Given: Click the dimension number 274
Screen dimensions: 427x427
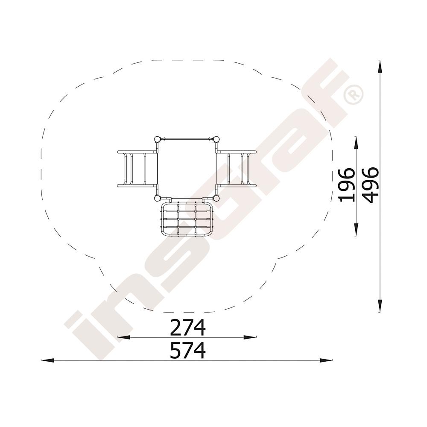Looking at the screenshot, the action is (187, 328).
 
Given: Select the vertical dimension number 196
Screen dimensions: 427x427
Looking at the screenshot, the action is (346, 185).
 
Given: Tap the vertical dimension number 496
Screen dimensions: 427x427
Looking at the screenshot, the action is (370, 185).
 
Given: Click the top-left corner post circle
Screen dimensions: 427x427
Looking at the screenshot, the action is (157, 139).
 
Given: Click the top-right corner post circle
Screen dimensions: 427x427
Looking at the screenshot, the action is (216, 139).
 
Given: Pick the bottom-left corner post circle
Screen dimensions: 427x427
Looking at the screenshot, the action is (157, 198).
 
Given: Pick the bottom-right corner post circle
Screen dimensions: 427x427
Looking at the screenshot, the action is (216, 198).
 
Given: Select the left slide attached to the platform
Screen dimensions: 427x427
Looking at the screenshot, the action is (137, 169).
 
